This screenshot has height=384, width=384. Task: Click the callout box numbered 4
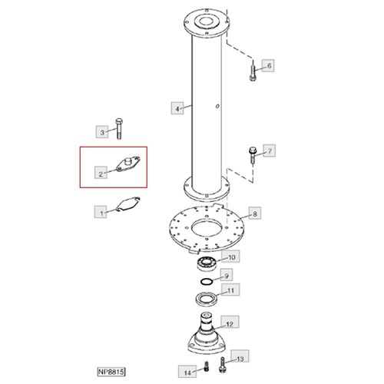pyautogui.click(x=177, y=108)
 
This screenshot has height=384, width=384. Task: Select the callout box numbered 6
pyautogui.click(x=268, y=66)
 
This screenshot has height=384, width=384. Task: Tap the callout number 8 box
pyautogui.click(x=255, y=214)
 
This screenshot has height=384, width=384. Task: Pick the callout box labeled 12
pyautogui.click(x=230, y=322)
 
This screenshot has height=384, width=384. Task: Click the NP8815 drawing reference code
pyautogui.click(x=111, y=372)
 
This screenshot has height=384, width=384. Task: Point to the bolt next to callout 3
pyautogui.click(x=119, y=129)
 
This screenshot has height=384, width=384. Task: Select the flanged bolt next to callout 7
pyautogui.click(x=253, y=154)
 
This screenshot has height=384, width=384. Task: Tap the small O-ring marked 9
pyautogui.click(x=207, y=281)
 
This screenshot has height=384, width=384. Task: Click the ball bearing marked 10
pyautogui.click(x=207, y=263)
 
